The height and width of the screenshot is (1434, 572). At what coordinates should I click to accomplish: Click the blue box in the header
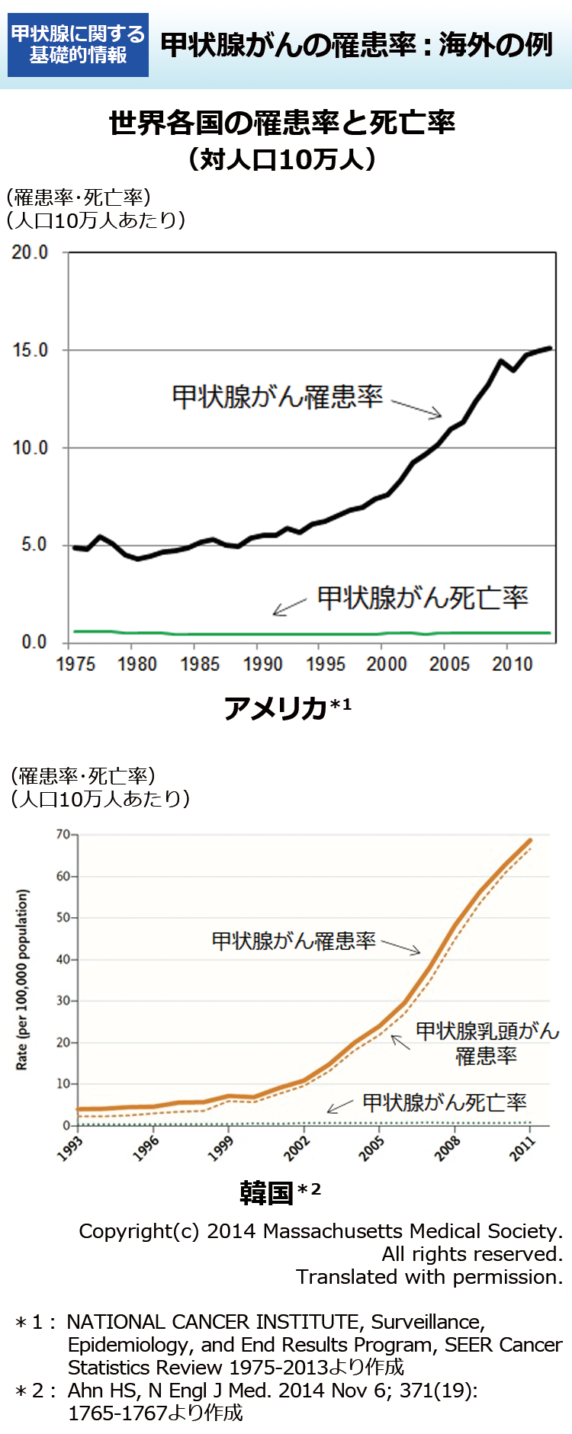coord(78,44)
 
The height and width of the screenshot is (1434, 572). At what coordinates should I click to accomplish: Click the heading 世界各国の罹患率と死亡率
coord(281,123)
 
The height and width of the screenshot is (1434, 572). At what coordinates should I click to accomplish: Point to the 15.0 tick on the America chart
coord(31,350)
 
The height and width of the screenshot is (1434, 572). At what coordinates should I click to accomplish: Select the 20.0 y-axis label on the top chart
coord(31,252)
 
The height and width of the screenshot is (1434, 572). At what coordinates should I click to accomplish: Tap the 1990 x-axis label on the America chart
coord(262,664)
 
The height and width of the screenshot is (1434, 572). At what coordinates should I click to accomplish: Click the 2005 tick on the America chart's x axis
coord(449,664)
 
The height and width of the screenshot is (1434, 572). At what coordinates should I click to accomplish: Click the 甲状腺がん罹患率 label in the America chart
coord(277,396)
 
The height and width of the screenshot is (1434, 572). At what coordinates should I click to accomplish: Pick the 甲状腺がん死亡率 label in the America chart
coord(423,598)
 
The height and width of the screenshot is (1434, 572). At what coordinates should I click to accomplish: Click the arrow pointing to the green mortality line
coord(290,607)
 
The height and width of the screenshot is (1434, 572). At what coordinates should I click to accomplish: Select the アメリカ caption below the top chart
coord(276,708)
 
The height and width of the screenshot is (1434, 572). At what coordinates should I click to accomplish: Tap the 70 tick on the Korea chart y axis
coord(63,835)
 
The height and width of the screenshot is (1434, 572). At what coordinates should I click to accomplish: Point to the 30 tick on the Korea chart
coord(63,1001)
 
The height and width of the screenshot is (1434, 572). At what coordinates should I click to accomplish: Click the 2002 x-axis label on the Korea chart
coord(297,1147)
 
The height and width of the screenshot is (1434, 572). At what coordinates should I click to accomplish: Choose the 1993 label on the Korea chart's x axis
coord(70,1147)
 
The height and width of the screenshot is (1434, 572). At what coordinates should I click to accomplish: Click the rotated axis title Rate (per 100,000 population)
coord(23,980)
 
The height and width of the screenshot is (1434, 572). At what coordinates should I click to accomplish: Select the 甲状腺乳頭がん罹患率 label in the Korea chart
coord(487,1044)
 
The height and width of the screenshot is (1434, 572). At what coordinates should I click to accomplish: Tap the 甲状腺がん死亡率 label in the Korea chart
coord(444,1102)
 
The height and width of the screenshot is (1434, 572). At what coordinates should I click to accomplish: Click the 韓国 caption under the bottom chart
coord(267,1192)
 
